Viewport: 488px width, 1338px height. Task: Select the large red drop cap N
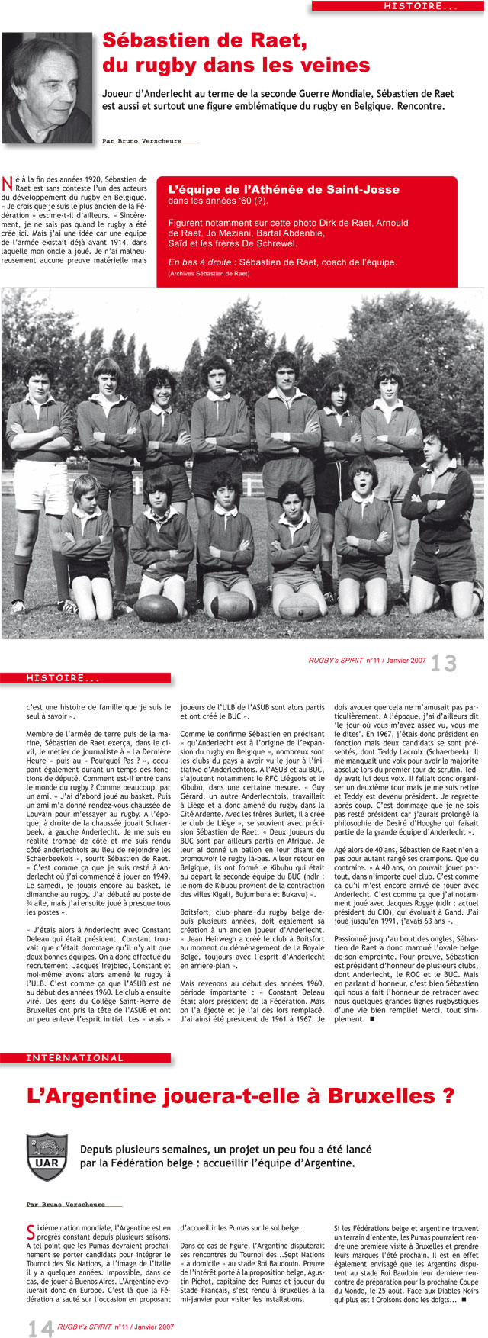tap(8, 183)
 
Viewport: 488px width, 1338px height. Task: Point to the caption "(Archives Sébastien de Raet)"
tap(209, 273)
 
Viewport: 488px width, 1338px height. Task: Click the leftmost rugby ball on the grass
tap(157, 606)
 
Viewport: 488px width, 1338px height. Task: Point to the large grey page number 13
tap(444, 663)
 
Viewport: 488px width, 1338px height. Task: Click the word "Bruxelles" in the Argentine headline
tap(365, 1096)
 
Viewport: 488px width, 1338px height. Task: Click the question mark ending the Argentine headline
tap(448, 1096)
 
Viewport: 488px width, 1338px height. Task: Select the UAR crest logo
tap(43, 1156)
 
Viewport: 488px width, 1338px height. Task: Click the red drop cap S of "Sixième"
tap(30, 1230)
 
